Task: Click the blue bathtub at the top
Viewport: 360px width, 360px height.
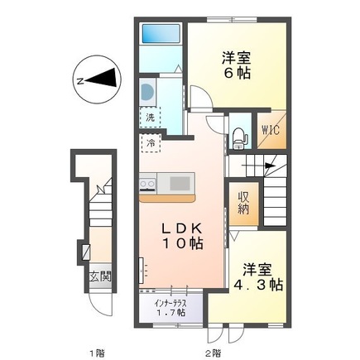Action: (160, 36)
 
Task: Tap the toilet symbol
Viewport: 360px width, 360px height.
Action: (239, 137)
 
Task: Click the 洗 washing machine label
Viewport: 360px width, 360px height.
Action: (150, 117)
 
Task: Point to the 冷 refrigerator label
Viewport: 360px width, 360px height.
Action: (150, 144)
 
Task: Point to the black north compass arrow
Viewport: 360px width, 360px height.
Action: (103, 79)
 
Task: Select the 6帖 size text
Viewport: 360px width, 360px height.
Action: (236, 72)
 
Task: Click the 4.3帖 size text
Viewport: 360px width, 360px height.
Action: (258, 284)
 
